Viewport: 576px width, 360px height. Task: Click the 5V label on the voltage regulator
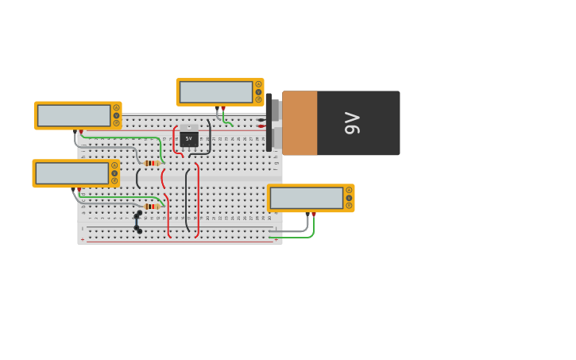point(188,138)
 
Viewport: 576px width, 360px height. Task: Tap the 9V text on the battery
point(352,123)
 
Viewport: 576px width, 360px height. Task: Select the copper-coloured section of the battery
point(300,123)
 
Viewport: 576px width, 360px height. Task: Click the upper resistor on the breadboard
point(152,163)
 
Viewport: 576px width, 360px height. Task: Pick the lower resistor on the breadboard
point(152,207)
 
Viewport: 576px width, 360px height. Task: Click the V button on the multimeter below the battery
point(349,198)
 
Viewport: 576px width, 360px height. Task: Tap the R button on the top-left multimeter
point(116,123)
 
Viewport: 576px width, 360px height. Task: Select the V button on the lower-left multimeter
point(114,173)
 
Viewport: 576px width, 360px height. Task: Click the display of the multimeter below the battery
point(306,198)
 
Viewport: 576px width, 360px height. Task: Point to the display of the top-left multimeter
point(74,115)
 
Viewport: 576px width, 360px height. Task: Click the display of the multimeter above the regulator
point(215,92)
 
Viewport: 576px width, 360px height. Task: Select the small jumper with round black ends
point(137,222)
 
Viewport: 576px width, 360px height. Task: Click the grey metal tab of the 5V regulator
point(188,127)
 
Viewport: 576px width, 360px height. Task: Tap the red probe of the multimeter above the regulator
point(223,109)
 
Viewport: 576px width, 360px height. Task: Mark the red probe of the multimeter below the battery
point(314,215)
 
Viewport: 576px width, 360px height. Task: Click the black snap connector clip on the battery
point(269,122)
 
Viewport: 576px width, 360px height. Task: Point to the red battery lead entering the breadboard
point(261,126)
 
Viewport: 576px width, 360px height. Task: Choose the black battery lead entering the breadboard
point(261,120)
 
